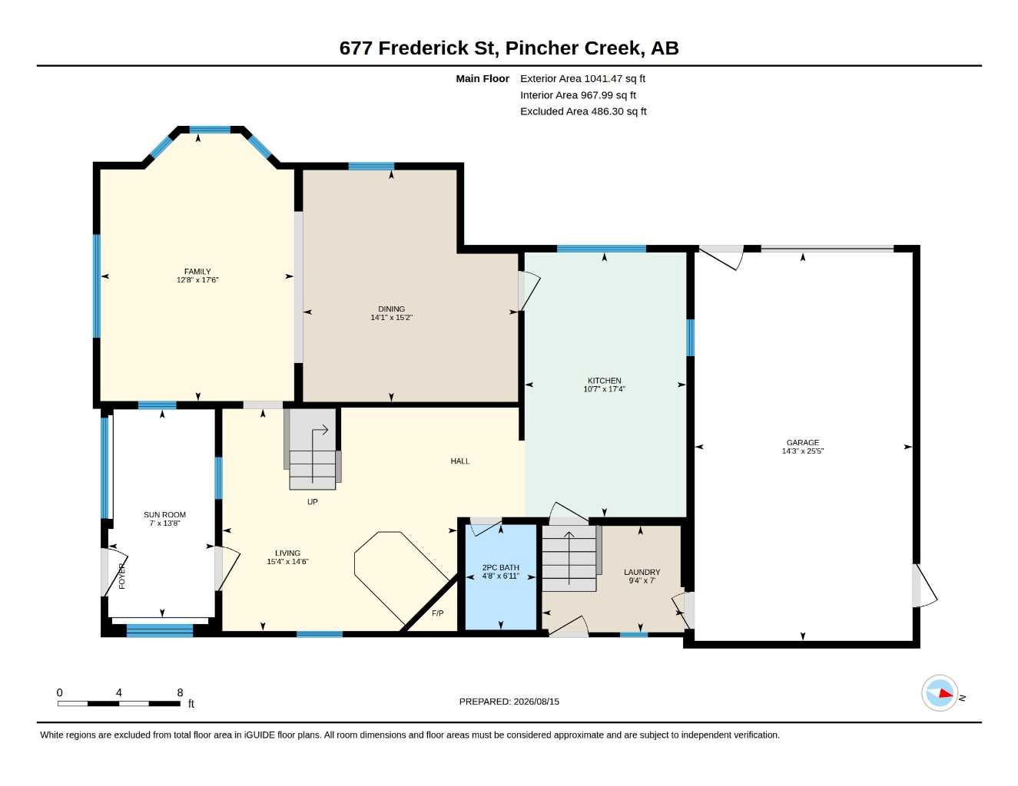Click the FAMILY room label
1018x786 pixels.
pyautogui.click(x=197, y=272)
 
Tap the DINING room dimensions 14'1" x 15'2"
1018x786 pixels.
pyautogui.click(x=391, y=317)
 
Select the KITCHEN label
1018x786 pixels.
pyautogui.click(x=605, y=381)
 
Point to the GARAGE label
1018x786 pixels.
pyautogui.click(x=803, y=443)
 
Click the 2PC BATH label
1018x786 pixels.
pyautogui.click(x=500, y=567)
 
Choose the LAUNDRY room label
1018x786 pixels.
pyautogui.click(x=642, y=572)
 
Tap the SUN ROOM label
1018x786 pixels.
pyautogui.click(x=164, y=514)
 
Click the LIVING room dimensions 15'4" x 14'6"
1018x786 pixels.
pyautogui.click(x=287, y=561)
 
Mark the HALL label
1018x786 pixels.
pyautogui.click(x=460, y=461)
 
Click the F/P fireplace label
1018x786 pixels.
pyautogui.click(x=438, y=613)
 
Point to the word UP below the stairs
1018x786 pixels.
pyautogui.click(x=313, y=502)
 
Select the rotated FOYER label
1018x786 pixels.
pyautogui.click(x=122, y=576)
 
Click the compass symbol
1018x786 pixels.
pyautogui.click(x=940, y=693)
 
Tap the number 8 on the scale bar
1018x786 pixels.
pyautogui.click(x=180, y=692)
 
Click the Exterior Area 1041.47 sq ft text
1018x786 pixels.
pyautogui.click(x=582, y=78)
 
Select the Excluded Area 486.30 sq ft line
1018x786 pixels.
pyautogui.click(x=583, y=111)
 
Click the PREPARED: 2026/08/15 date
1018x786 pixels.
pyautogui.click(x=509, y=702)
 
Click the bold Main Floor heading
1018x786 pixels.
pyautogui.click(x=482, y=78)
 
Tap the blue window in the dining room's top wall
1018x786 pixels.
pyautogui.click(x=371, y=166)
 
